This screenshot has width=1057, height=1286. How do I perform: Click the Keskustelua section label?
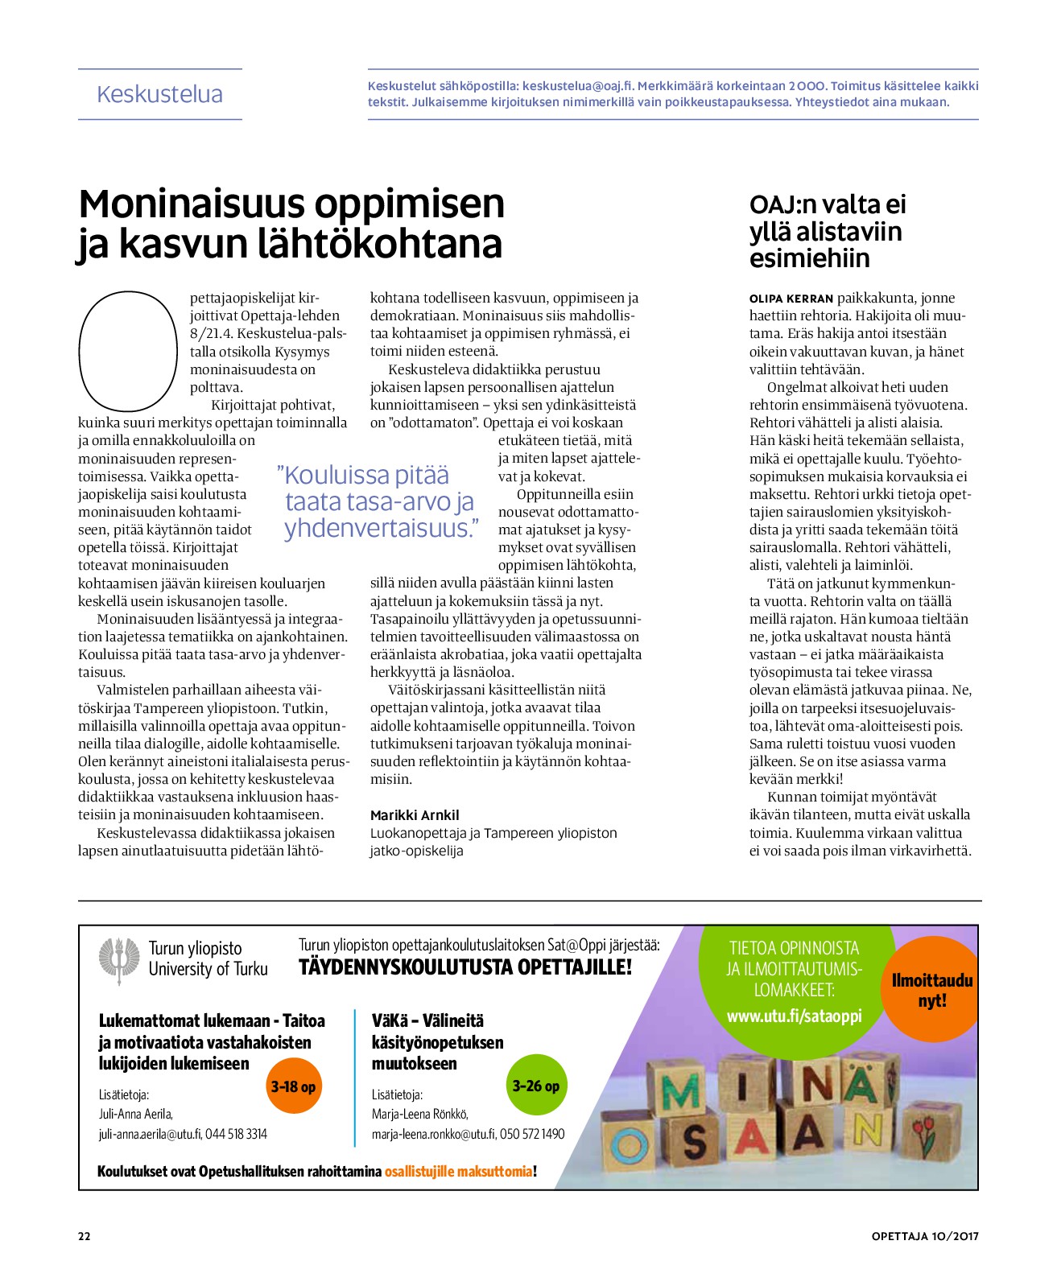[159, 95]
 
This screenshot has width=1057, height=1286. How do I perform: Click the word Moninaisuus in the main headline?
[192, 204]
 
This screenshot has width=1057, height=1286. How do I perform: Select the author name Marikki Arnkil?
[415, 815]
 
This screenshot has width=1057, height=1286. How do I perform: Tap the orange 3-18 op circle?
[294, 1086]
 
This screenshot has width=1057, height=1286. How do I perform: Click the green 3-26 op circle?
[536, 1086]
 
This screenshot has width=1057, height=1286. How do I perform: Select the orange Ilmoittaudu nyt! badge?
[932, 991]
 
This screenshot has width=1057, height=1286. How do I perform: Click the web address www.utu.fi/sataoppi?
[794, 1016]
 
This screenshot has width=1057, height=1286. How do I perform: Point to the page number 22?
[85, 1236]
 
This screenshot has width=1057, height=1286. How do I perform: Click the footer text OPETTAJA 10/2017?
[925, 1236]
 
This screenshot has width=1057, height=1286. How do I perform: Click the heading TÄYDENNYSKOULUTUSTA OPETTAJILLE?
[465, 967]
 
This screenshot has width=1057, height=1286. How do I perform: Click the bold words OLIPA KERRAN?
[791, 299]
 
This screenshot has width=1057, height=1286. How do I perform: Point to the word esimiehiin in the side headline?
[799, 258]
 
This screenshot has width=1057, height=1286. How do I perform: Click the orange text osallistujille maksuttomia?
[459, 1171]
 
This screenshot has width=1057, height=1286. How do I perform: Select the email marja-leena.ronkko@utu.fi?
[433, 1134]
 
